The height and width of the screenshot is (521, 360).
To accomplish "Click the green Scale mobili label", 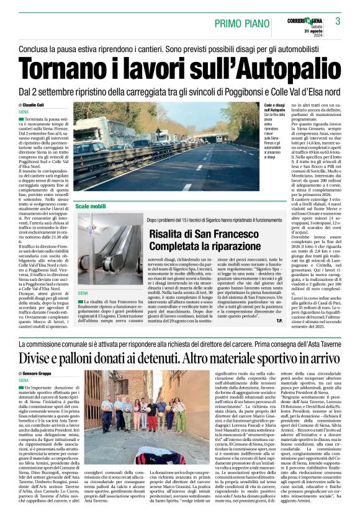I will click(91, 205).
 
